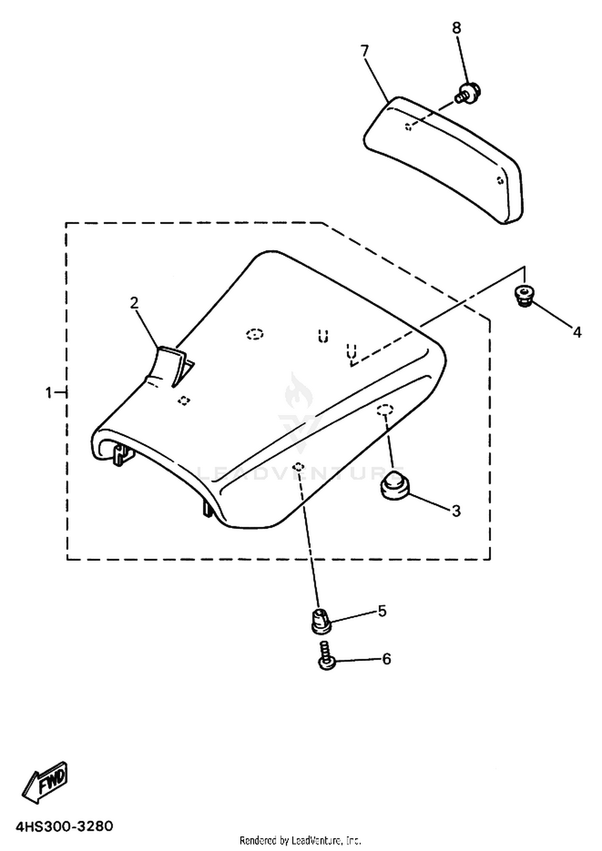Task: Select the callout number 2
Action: tap(134, 303)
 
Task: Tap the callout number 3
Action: tap(456, 511)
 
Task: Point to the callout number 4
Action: tap(577, 332)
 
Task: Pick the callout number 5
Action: tap(382, 611)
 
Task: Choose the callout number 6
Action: tap(386, 659)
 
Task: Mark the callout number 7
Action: tap(364, 51)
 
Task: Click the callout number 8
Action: tap(456, 28)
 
